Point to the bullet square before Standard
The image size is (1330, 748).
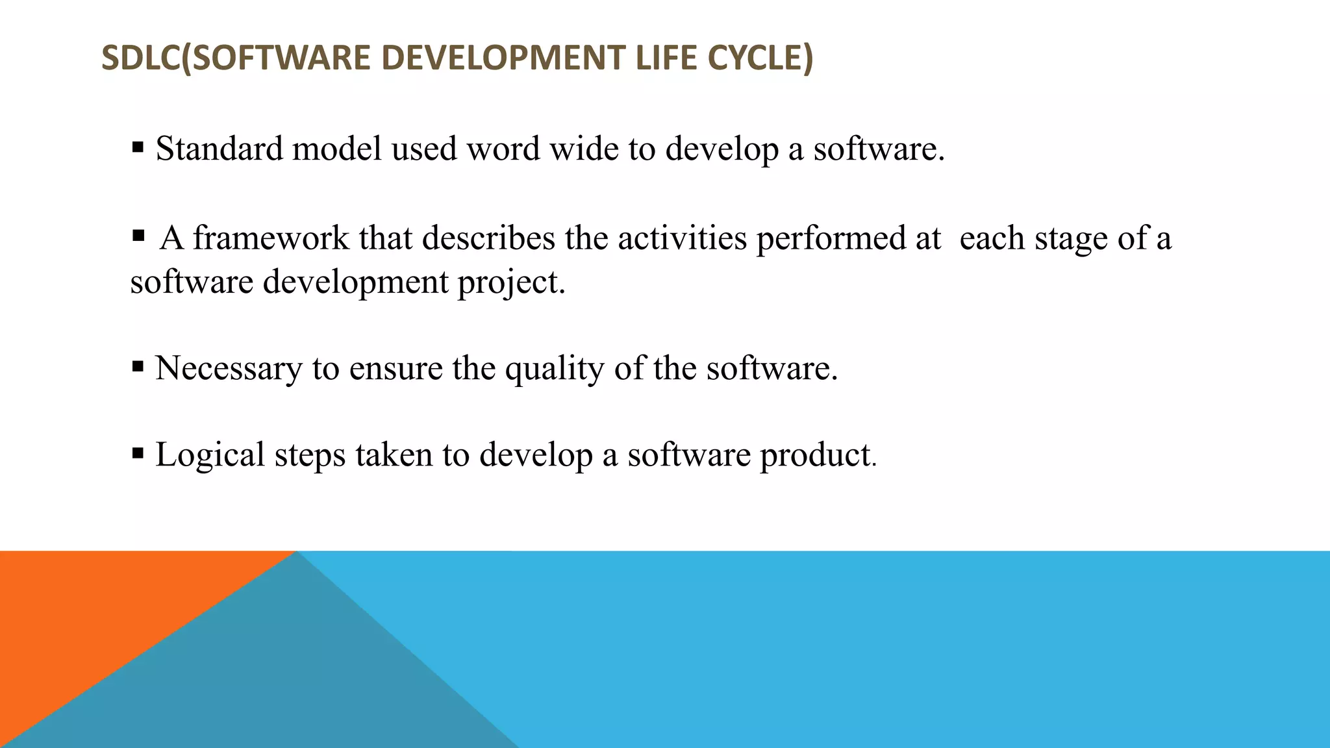pos(138,147)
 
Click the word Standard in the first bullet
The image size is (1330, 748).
pos(220,149)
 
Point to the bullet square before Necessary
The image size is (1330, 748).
pos(138,367)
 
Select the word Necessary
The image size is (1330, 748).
pos(229,369)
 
